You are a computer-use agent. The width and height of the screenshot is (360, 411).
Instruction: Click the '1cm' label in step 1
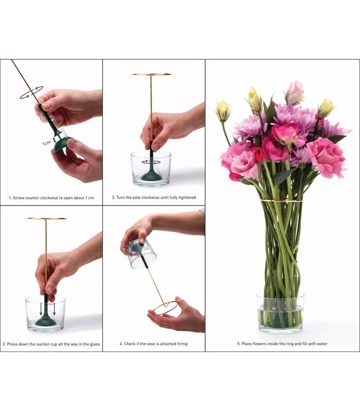[x=46, y=143]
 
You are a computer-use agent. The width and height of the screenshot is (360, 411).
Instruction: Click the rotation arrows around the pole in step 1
[x=31, y=93]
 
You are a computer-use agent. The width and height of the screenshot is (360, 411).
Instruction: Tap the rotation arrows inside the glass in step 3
[x=151, y=162]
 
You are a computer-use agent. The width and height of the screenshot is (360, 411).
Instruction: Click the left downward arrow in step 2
[x=41, y=309]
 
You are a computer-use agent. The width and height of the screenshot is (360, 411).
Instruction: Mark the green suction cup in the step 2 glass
[x=45, y=318]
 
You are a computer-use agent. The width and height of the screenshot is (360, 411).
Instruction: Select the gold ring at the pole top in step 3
[x=152, y=74]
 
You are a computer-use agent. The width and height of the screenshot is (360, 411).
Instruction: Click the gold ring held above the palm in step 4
[x=166, y=308]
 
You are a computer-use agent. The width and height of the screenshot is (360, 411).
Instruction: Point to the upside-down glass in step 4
[x=142, y=254]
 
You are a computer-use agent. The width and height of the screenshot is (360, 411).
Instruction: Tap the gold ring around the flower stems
[x=281, y=200]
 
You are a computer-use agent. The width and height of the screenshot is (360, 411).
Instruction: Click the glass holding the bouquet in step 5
[x=280, y=313]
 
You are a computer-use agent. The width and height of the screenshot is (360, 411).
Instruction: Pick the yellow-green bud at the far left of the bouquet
[x=223, y=111]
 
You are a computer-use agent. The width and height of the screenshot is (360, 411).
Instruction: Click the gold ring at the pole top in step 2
[x=47, y=218]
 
